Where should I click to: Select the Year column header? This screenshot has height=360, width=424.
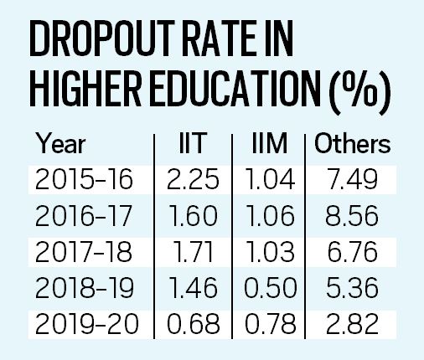(62, 144)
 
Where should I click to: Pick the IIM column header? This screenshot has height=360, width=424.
(270, 144)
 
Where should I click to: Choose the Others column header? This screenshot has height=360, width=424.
(352, 144)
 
